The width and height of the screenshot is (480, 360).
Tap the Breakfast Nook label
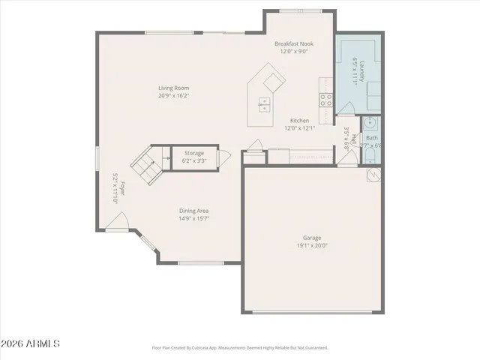point(294,44)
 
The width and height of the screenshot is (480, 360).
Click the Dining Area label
point(193,211)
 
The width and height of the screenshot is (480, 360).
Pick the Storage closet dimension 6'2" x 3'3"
point(194,160)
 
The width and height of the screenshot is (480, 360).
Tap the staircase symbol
point(148,166)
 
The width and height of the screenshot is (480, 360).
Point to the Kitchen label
point(300,121)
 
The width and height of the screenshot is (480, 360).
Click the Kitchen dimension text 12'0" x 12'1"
point(300,128)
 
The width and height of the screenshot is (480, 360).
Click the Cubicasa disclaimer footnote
point(240,348)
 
